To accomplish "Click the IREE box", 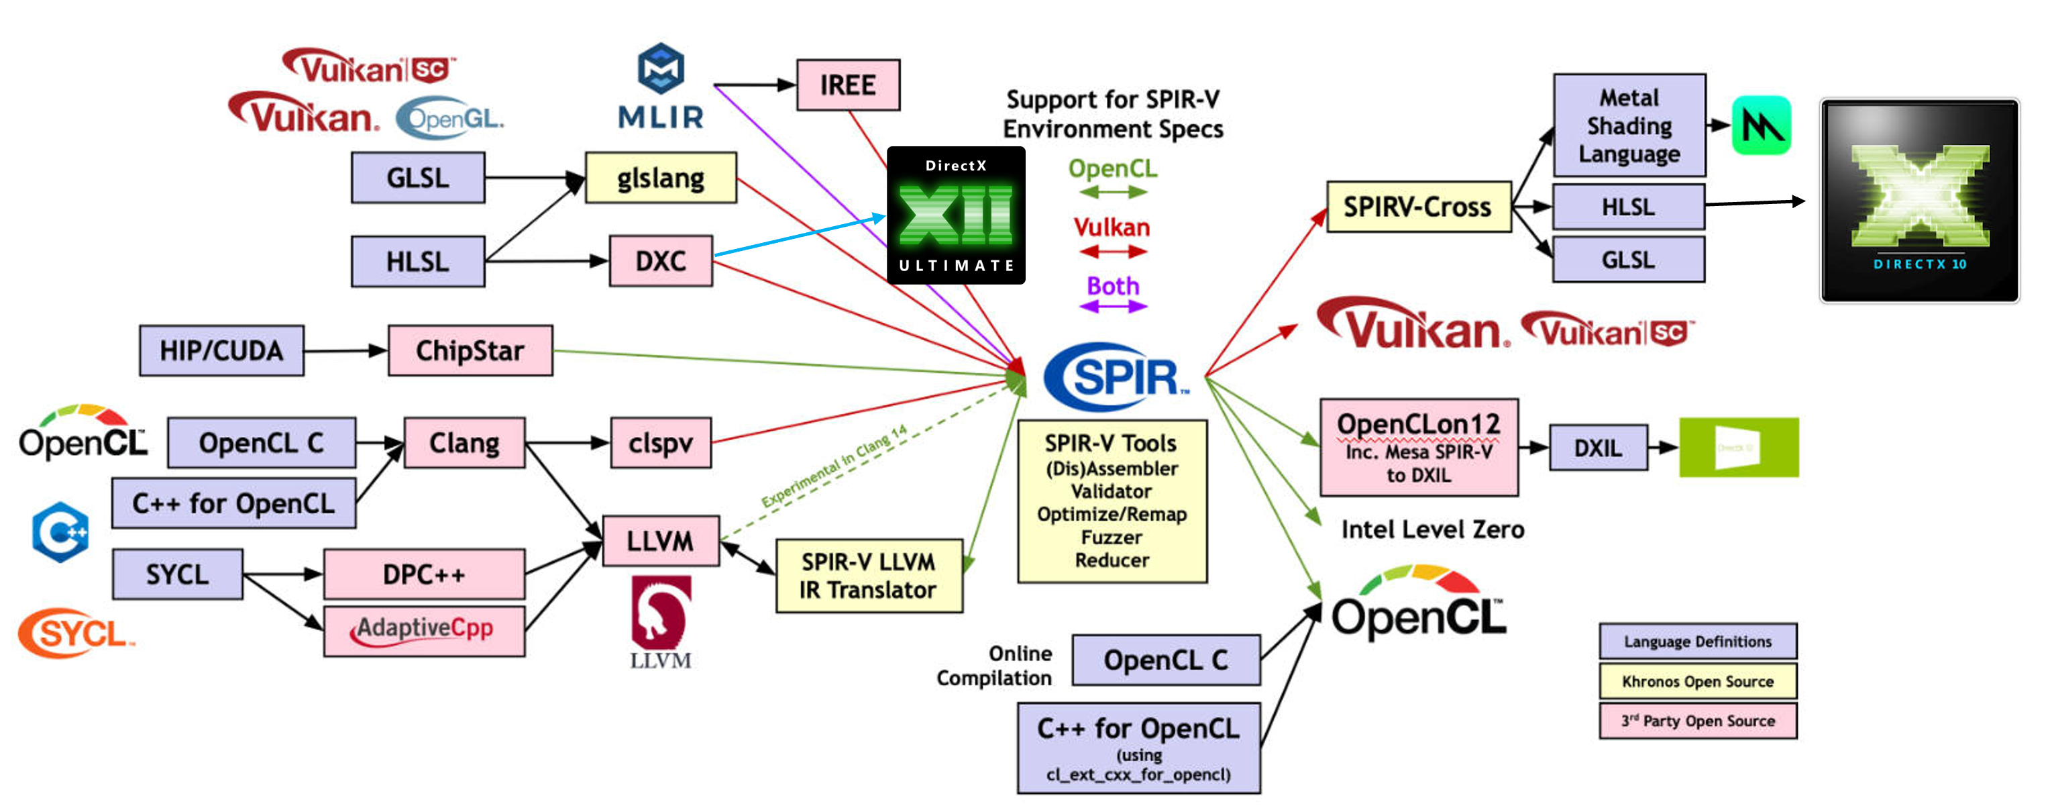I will click(848, 85).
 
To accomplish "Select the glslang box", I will click(660, 177).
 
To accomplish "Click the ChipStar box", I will click(470, 350).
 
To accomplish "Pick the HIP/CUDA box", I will click(221, 350).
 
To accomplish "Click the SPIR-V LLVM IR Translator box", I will click(868, 575).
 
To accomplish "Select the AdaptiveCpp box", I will click(424, 630).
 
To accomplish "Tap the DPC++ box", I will click(424, 574).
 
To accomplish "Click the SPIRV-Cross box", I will click(1417, 207).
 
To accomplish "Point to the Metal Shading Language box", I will click(1629, 125).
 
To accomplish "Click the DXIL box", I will click(1598, 448).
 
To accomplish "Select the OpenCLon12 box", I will click(1419, 448).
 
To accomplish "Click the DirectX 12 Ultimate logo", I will click(955, 215).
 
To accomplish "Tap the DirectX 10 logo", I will click(1918, 201).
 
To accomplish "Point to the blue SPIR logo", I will click(1116, 376).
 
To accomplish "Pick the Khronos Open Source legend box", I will click(1698, 681).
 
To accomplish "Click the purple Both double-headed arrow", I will click(1113, 306).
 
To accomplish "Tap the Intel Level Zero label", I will click(1432, 529).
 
